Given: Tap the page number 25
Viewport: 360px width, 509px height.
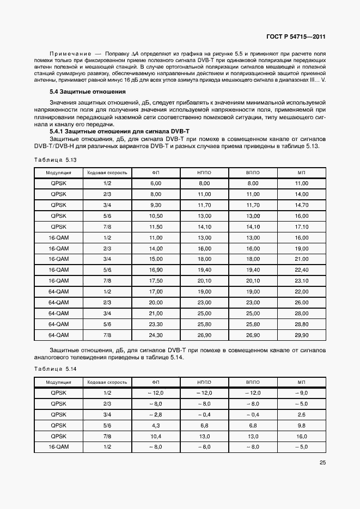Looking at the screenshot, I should click(321, 464).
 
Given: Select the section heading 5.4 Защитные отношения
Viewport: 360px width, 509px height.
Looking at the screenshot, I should click(87, 91).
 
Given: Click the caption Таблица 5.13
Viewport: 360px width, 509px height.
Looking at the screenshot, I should click(55, 160).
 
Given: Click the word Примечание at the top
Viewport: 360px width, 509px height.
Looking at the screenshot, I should click(70, 54).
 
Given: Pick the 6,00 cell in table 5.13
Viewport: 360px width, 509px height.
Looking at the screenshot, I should click(156, 184).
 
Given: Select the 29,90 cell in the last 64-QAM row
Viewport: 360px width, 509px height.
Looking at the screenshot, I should click(301, 335).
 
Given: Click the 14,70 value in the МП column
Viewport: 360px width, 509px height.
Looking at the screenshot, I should click(301, 205).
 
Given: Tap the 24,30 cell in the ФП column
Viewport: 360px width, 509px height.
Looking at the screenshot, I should click(156, 335).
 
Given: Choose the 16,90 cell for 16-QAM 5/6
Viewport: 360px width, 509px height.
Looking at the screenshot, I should click(156, 269).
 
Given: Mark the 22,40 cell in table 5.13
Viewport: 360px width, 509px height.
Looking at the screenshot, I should click(301, 269).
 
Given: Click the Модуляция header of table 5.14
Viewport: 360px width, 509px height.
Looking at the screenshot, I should click(58, 382).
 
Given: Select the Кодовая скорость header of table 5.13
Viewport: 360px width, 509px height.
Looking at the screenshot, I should click(107, 173).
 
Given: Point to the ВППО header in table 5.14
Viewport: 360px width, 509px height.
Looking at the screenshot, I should click(253, 382).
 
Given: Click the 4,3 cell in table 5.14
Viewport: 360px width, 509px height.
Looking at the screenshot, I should click(156, 425).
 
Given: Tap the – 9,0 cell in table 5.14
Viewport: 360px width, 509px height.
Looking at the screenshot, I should click(301, 393).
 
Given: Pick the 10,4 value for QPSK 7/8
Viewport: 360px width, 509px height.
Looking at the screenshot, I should click(156, 436).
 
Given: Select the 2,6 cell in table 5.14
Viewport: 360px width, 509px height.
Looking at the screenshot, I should click(301, 415).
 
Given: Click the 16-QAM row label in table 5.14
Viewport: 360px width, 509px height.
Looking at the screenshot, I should click(58, 447).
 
